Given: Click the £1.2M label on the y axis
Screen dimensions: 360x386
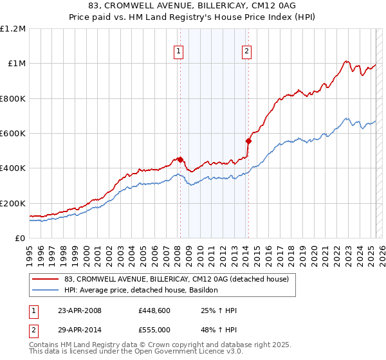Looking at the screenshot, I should click(13, 28).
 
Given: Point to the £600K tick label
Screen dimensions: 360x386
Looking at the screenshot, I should click(13, 134).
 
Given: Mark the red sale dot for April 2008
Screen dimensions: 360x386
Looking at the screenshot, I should click(181, 160).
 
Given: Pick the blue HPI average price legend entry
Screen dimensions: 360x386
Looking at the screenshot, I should click(142, 291).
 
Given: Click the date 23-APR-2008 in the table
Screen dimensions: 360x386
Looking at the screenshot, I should click(79, 311).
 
